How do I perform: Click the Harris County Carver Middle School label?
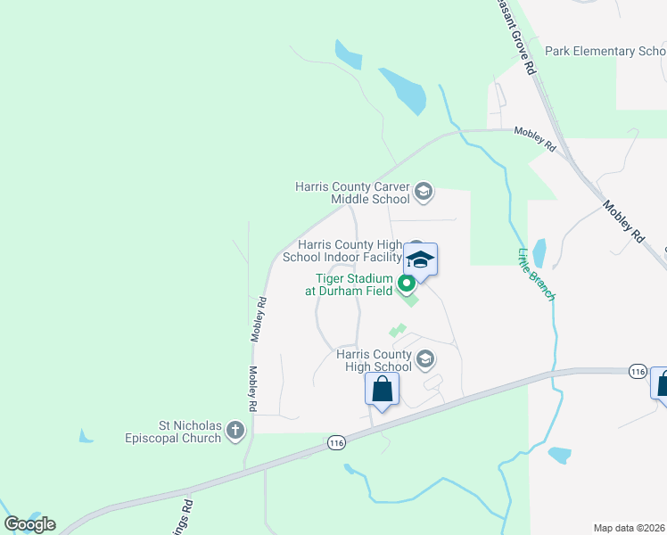(354, 193)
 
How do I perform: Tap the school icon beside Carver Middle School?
(424, 192)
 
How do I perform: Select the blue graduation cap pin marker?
(420, 260)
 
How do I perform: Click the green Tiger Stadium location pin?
(407, 285)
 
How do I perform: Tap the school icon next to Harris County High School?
(425, 359)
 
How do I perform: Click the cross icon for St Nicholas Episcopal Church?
(235, 432)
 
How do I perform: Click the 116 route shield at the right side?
(637, 370)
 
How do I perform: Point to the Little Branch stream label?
(535, 274)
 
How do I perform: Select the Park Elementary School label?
(605, 52)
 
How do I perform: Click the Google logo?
(29, 524)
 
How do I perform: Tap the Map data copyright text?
(630, 528)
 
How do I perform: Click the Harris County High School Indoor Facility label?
(350, 251)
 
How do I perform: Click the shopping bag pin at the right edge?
(661, 383)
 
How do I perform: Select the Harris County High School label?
(374, 360)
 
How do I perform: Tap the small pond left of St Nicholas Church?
(86, 436)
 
